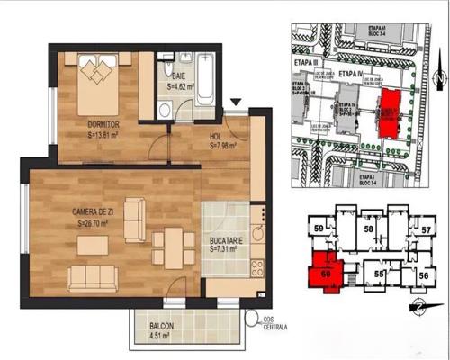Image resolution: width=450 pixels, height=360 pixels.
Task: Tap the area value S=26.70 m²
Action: point(94,222)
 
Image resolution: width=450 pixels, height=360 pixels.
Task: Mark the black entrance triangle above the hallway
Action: point(237,103)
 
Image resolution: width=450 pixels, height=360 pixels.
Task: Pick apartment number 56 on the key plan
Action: point(422,274)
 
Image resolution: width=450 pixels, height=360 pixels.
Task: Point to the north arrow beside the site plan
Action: point(435,79)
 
